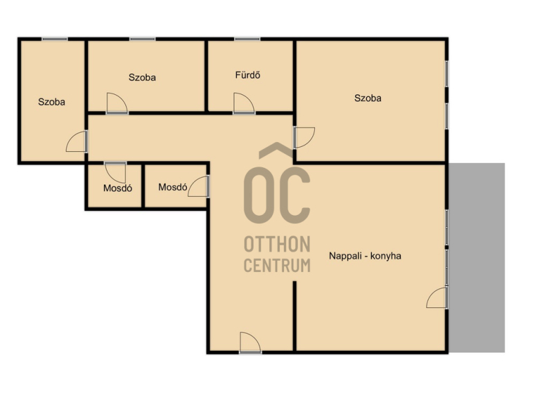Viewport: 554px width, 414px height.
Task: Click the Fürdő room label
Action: pos(248,75)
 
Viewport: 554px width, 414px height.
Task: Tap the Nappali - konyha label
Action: pos(365,256)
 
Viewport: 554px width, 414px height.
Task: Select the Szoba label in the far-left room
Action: pos(51,102)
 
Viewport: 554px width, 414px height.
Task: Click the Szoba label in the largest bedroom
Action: pos(368,98)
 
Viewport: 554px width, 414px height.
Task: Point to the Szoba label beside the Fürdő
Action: pos(142,78)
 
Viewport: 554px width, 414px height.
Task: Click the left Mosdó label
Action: pos(118,188)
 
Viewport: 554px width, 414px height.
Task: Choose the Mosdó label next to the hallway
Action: pos(172,187)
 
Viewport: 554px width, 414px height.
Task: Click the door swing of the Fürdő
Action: pos(244,103)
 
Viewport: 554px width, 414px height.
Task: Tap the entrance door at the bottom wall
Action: pos(250,343)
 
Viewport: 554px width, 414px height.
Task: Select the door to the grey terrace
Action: pos(438,297)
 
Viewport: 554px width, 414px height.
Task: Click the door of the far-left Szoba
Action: pos(77,141)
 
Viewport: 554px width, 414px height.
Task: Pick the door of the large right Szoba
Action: pos(304,137)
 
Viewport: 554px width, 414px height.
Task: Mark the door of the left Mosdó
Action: pos(115,172)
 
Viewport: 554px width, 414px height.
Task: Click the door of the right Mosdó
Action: pos(199,187)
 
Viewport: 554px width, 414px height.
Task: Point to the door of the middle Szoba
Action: pos(117,103)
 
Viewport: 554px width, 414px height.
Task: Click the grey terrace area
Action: pos(476,257)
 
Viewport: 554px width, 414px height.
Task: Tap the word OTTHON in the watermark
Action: pos(278,245)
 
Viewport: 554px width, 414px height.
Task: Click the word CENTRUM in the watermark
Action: pos(278,266)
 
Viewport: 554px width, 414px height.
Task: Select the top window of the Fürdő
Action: pos(247,39)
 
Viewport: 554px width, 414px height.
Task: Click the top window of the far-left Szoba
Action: pos(55,39)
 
